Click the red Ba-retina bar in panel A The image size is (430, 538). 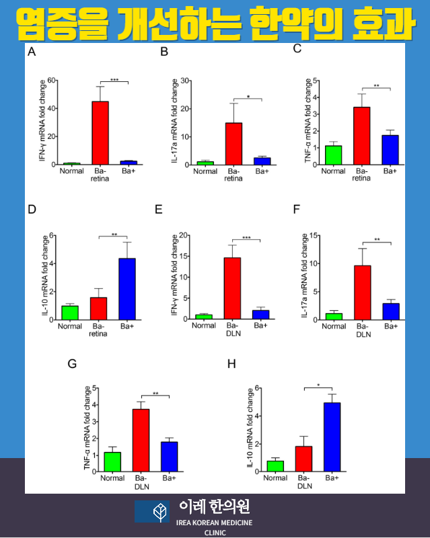coord(100,132)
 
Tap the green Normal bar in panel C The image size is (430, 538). coord(333,155)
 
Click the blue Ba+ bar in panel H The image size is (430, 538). coord(332,437)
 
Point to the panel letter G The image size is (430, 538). coord(73,364)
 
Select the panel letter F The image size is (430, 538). coord(297,209)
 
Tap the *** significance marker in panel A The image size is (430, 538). coord(114,80)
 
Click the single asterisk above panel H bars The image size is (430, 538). coord(318,386)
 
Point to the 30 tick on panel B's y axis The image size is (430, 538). coord(186,81)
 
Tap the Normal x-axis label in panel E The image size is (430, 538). coord(204,326)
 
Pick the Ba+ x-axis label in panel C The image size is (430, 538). coord(390,171)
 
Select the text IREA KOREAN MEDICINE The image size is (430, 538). coord(214,523)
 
